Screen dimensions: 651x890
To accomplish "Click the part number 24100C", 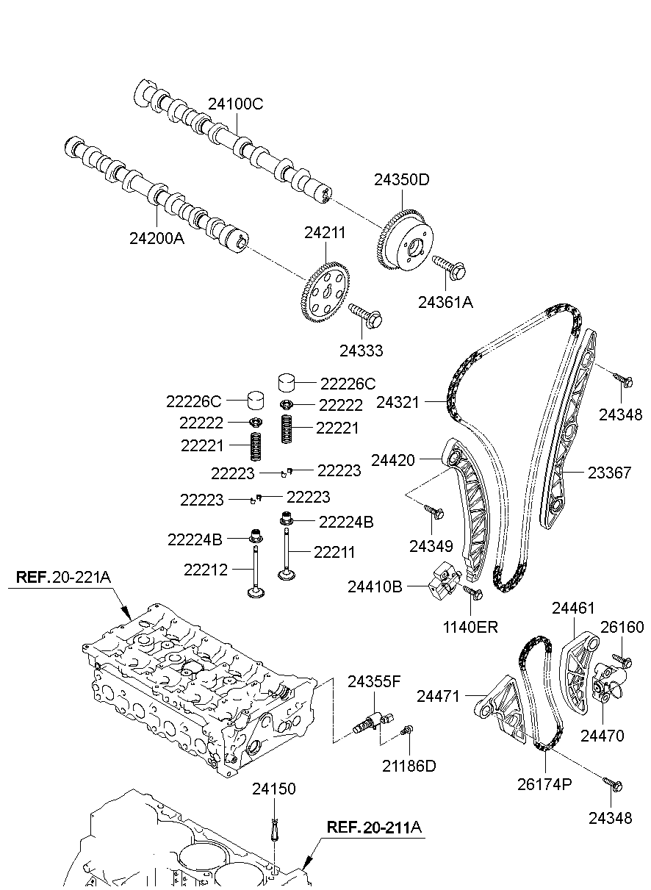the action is point(236,104).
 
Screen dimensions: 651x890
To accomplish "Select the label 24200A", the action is point(157,238).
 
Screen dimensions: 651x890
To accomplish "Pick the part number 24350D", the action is point(402,179).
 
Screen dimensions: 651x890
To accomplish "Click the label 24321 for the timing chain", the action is point(398,403).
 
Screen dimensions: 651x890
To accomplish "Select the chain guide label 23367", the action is point(609,473).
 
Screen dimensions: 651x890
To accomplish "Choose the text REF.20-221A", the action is point(63,577).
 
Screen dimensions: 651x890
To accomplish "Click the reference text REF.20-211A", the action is point(374,828).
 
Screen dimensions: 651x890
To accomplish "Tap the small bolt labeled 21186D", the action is point(408,729).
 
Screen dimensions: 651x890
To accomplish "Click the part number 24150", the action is point(274,789).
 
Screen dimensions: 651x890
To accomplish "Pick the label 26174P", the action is point(544,784).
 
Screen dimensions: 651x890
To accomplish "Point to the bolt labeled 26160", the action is point(622,660).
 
